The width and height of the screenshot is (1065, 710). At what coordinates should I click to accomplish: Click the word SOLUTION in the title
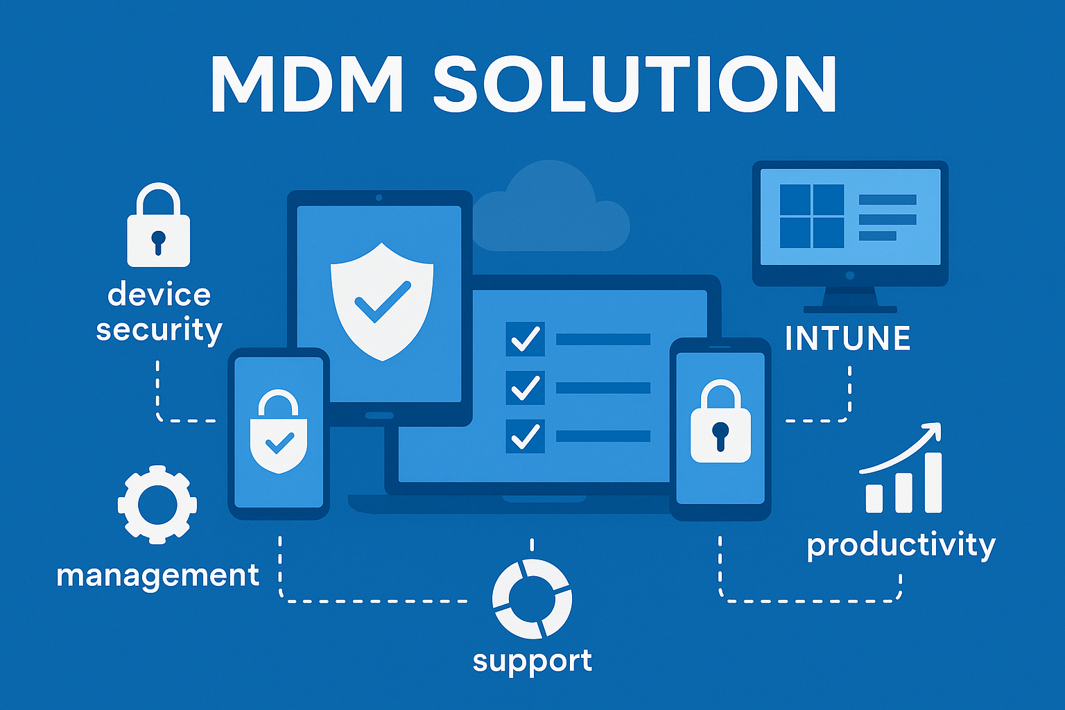[x=635, y=84]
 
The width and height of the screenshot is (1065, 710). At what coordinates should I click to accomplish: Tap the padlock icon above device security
[x=158, y=227]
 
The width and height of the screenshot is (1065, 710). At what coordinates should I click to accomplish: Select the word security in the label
[x=159, y=330]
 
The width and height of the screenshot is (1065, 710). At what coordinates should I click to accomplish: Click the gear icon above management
[x=157, y=504]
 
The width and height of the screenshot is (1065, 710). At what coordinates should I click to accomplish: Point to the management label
[x=157, y=575]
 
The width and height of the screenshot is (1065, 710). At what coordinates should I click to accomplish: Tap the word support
[x=532, y=661]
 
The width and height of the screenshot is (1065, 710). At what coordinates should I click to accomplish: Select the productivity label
[x=901, y=545]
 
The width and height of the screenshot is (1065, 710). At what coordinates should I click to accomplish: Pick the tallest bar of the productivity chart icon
[x=933, y=483]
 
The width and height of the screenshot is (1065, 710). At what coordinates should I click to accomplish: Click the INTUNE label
[x=847, y=338]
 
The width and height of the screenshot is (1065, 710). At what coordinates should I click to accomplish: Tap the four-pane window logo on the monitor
[x=811, y=216]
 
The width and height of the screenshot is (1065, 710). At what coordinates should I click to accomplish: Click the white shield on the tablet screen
[x=382, y=300]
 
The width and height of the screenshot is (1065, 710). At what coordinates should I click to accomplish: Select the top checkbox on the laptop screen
[x=525, y=339]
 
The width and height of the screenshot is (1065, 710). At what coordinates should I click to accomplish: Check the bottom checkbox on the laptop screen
[x=525, y=436]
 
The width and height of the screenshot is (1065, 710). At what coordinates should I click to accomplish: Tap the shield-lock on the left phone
[x=279, y=433]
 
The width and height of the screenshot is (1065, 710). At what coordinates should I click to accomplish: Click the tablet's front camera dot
[x=379, y=198]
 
